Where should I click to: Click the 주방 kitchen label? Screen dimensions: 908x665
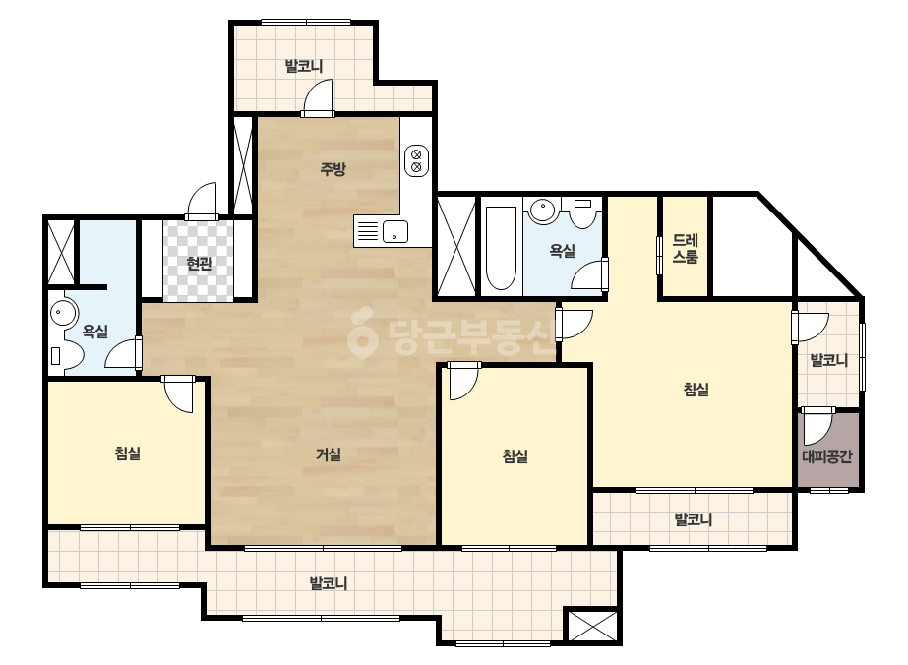pyautogui.click(x=333, y=168)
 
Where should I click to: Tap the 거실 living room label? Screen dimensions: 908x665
pyautogui.click(x=329, y=454)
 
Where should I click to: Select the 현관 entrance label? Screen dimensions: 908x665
pyautogui.click(x=199, y=264)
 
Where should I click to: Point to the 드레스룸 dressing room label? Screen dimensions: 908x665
pyautogui.click(x=686, y=249)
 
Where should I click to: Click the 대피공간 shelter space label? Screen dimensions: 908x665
pyautogui.click(x=827, y=455)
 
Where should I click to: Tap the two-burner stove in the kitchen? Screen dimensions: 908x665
pyautogui.click(x=416, y=160)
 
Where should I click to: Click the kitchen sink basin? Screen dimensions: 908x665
pyautogui.click(x=394, y=232)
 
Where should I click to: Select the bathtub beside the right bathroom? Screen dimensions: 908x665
pyautogui.click(x=501, y=248)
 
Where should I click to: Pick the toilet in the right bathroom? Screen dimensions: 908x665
pyautogui.click(x=583, y=212)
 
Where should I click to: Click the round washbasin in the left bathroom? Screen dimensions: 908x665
pyautogui.click(x=63, y=314)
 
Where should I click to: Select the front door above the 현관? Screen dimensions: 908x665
pyautogui.click(x=202, y=202)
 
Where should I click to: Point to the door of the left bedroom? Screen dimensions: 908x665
pyautogui.click(x=178, y=393)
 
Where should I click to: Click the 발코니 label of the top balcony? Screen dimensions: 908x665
pyautogui.click(x=304, y=66)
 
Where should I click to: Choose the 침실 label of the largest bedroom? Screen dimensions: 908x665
pyautogui.click(x=696, y=390)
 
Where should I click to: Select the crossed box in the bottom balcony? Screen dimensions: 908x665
pyautogui.click(x=591, y=626)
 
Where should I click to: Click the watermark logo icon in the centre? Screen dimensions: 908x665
pyautogui.click(x=362, y=332)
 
